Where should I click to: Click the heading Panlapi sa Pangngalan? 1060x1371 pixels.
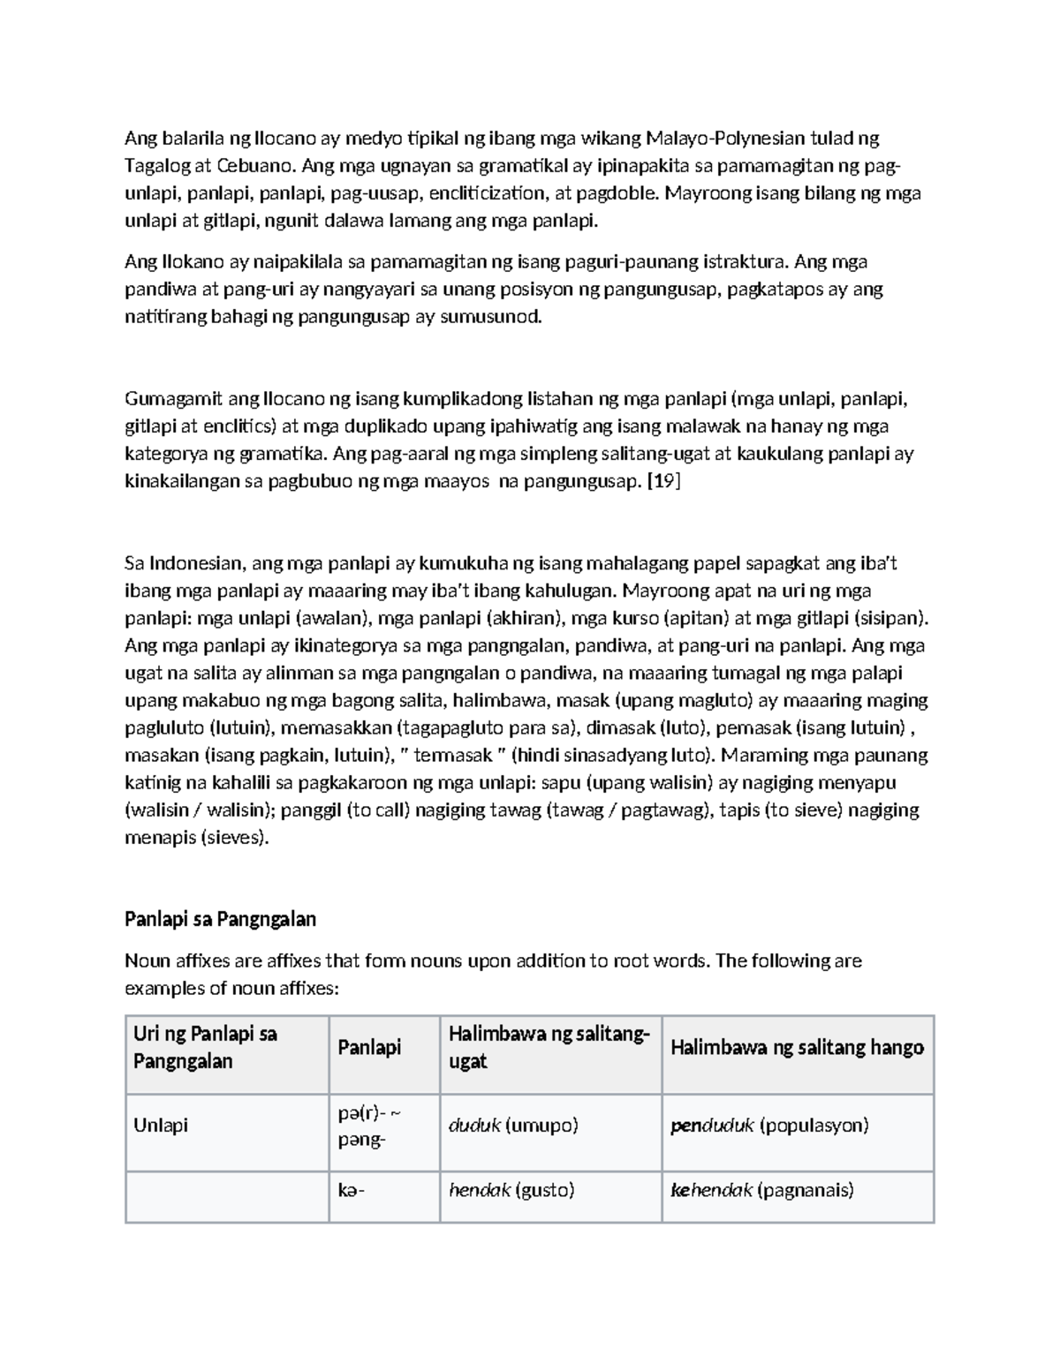pyautogui.click(x=220, y=919)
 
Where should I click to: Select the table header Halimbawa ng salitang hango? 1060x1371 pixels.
pyautogui.click(x=797, y=1048)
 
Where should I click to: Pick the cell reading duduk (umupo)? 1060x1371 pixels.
pyautogui.click(x=513, y=1126)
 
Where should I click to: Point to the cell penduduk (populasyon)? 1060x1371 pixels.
pyautogui.click(x=769, y=1126)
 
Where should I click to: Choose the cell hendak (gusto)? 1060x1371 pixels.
pyautogui.click(x=511, y=1190)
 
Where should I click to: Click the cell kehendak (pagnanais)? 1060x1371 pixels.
pyautogui.click(x=762, y=1190)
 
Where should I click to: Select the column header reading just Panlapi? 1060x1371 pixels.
pyautogui.click(x=369, y=1048)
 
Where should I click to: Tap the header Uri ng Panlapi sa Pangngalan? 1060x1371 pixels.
pyautogui.click(x=205, y=1047)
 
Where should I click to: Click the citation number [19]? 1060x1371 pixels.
pyautogui.click(x=664, y=482)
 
